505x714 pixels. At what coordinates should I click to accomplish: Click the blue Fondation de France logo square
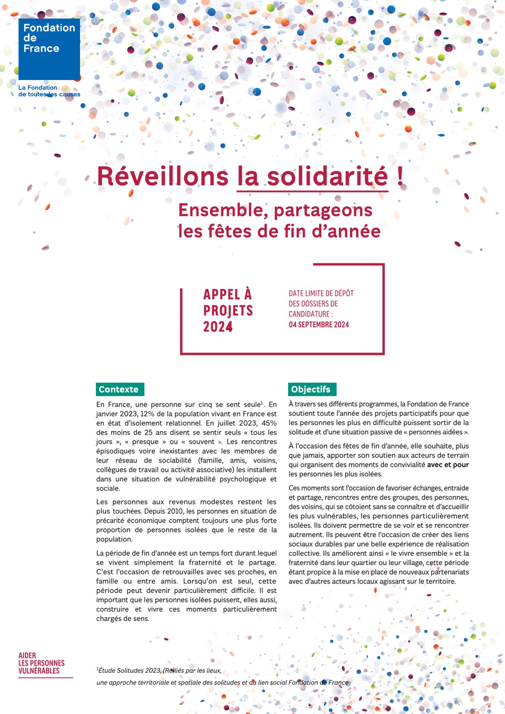coord(49,49)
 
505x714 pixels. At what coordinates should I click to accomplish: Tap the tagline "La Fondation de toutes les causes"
coord(49,91)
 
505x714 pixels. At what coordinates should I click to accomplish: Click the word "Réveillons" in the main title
coord(163,177)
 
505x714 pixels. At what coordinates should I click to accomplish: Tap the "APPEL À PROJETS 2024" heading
coord(228,311)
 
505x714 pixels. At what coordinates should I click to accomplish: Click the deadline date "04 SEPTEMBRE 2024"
coord(319,325)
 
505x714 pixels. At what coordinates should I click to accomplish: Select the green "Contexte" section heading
coord(120,389)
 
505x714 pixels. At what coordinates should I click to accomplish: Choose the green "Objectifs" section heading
coord(312,389)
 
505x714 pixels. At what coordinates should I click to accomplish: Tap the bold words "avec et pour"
coord(448,465)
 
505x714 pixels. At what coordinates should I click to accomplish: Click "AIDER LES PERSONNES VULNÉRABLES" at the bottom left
coord(41,663)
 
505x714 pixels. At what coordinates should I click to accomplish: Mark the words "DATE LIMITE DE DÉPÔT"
coord(321,293)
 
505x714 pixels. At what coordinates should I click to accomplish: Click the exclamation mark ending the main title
coord(401,177)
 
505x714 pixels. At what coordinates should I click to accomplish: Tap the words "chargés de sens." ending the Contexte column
coord(123,619)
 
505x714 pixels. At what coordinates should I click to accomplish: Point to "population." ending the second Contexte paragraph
coord(114,539)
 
